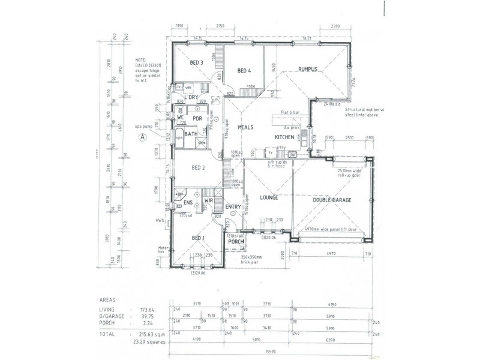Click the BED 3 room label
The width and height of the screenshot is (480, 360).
[197, 62]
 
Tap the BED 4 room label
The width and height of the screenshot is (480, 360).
[244, 71]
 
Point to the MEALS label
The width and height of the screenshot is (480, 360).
[246, 127]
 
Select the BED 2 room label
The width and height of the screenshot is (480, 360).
[198, 168]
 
